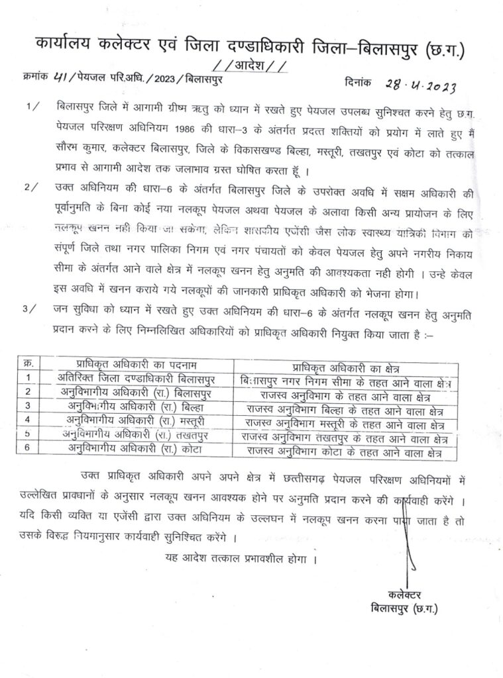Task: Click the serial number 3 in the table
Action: (28, 406)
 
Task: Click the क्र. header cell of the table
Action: (28, 364)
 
